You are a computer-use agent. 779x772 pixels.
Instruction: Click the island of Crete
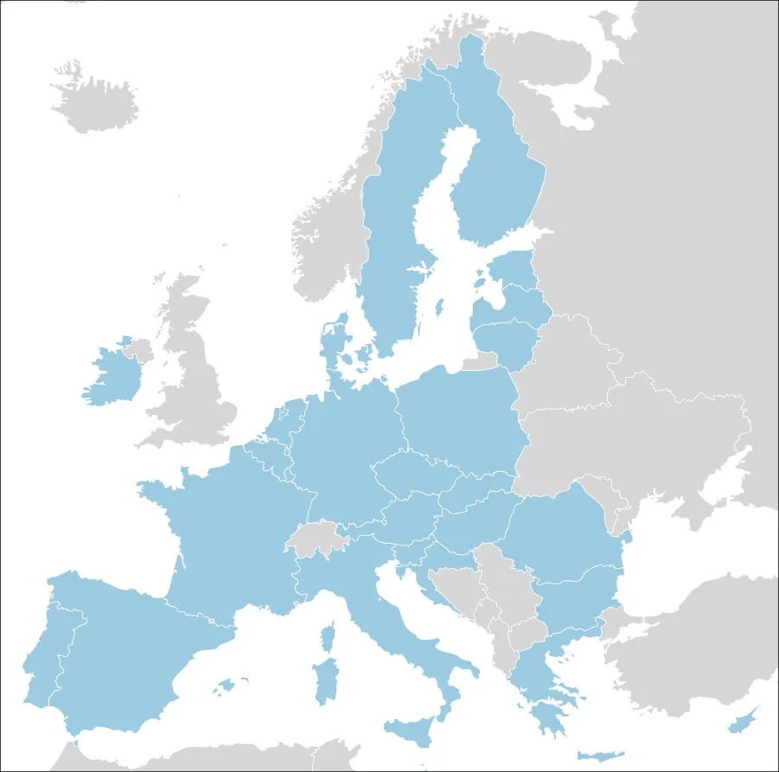596,755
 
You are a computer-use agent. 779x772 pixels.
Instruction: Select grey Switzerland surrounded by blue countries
316,541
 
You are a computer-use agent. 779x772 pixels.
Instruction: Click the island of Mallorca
227,686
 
